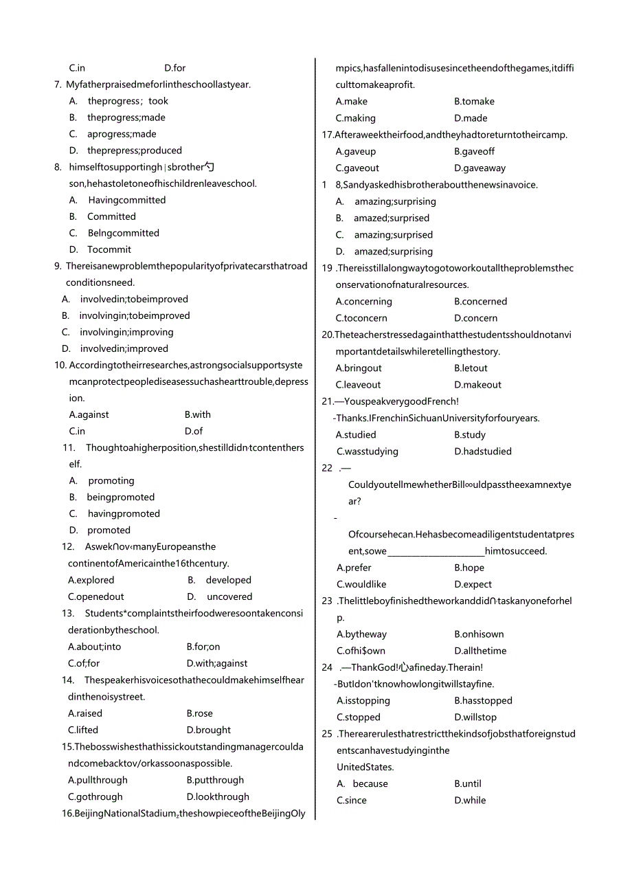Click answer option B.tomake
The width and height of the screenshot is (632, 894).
[474, 102]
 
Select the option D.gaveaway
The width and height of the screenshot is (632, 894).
[479, 168]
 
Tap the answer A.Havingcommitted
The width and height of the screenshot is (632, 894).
[117, 201]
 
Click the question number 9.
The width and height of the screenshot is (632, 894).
[58, 266]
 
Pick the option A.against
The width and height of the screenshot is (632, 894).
[89, 415]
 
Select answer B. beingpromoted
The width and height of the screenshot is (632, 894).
[112, 498]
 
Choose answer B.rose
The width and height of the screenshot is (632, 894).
[199, 714]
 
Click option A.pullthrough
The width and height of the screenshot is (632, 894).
[98, 781]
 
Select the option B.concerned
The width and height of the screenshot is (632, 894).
[480, 302]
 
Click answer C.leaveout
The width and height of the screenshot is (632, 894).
[358, 385]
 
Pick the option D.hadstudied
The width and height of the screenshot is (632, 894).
[482, 451]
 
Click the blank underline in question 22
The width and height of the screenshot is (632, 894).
[436, 552]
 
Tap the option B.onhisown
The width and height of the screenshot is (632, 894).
[479, 634]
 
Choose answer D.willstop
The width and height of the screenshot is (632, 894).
[475, 717]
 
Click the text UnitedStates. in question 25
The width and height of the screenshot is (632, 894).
[365, 768]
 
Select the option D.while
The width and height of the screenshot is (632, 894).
[470, 801]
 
